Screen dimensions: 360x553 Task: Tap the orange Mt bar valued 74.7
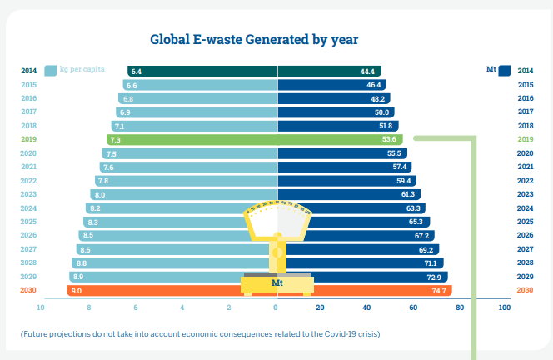click(366, 290)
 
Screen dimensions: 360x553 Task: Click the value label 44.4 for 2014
click(367, 72)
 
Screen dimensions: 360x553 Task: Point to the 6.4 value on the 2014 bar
click(137, 72)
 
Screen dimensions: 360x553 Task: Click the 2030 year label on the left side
click(28, 290)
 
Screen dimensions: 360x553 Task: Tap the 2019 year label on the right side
click(526, 140)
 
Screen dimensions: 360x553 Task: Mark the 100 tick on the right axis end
click(504, 307)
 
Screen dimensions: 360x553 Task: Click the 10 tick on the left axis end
click(40, 307)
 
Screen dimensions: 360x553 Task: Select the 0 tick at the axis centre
click(276, 307)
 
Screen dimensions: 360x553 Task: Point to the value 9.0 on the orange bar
click(77, 290)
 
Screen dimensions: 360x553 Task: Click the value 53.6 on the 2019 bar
click(388, 140)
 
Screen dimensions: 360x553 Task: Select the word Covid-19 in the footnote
click(327, 333)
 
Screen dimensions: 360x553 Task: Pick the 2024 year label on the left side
click(28, 207)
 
